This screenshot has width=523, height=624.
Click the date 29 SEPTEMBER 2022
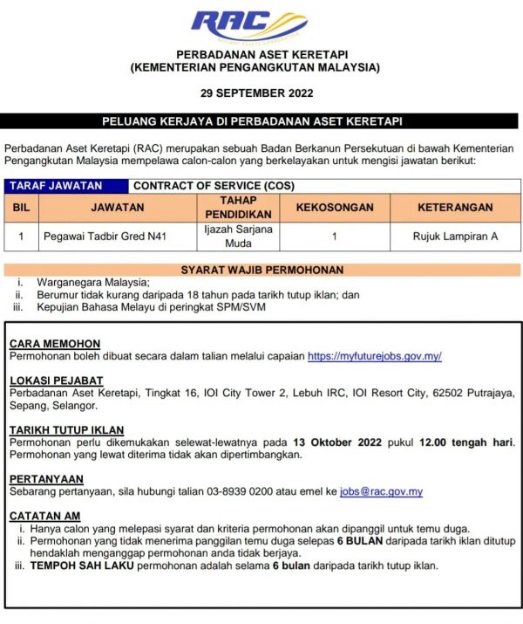click(261, 93)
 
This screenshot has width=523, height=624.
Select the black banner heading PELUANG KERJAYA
click(261, 121)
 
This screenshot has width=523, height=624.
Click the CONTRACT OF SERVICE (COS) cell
click(197, 185)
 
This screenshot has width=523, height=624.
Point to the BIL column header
click(21, 208)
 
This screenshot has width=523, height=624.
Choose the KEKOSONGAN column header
click(335, 208)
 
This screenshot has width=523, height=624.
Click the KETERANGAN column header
click(455, 208)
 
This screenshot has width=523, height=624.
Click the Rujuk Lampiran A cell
click(455, 236)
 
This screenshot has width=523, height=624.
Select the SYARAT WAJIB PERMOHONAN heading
click(261, 270)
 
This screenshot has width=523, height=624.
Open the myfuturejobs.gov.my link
click(375, 356)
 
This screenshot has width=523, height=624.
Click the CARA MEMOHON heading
click(55, 344)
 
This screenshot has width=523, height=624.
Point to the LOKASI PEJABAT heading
click(57, 381)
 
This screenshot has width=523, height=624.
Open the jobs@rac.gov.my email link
click(381, 491)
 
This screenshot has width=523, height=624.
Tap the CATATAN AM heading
click(46, 516)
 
